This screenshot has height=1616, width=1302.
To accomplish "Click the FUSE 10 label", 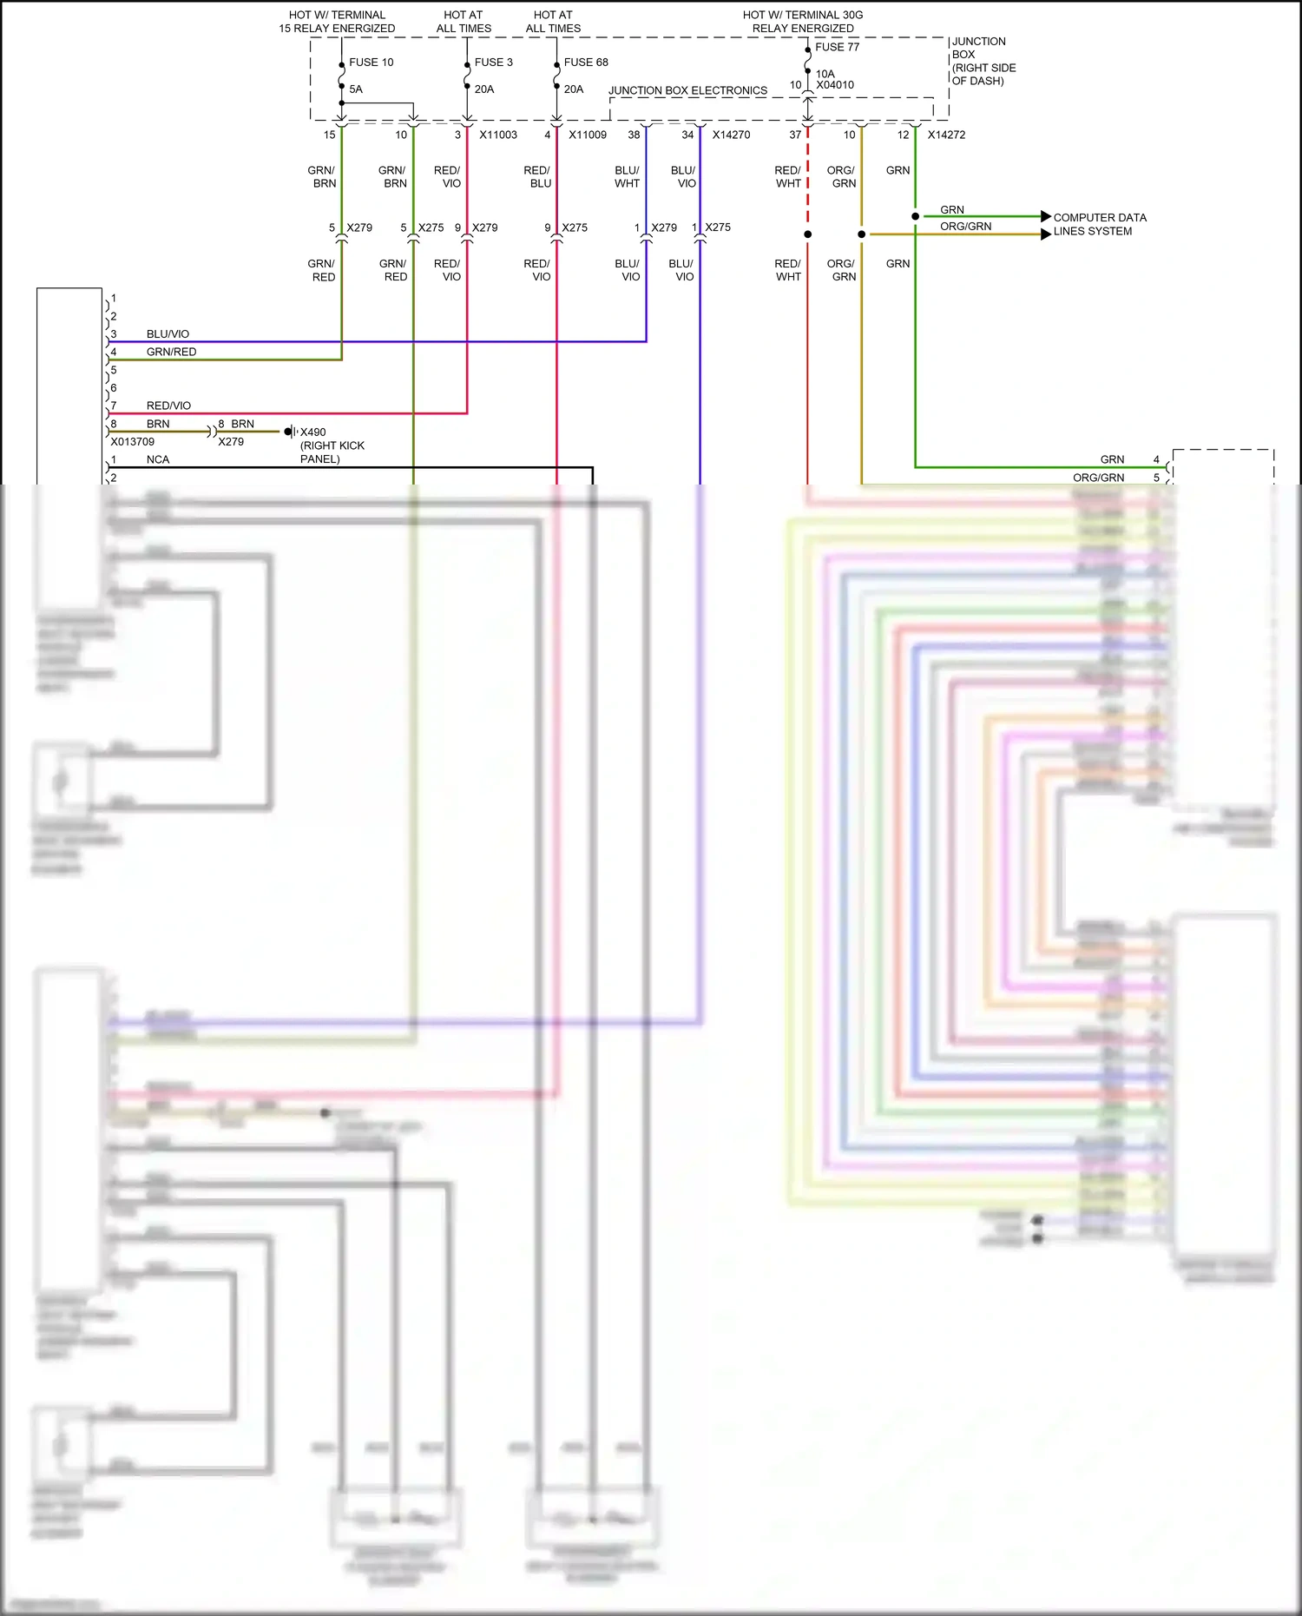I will pyautogui.click(x=371, y=63).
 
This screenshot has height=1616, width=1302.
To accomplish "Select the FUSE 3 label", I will pyautogui.click(x=493, y=63).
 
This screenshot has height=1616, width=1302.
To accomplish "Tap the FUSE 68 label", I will pyautogui.click(x=586, y=63).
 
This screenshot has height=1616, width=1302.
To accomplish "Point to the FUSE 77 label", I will pyautogui.click(x=837, y=47).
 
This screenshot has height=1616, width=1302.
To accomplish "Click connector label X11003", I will pyautogui.click(x=498, y=135).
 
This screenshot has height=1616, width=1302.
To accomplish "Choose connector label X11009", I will pyautogui.click(x=588, y=135).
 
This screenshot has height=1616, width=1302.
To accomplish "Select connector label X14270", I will pyautogui.click(x=731, y=135).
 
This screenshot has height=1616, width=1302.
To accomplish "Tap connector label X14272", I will pyautogui.click(x=946, y=135).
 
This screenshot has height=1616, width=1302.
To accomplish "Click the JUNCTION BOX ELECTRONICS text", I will pyautogui.click(x=687, y=90).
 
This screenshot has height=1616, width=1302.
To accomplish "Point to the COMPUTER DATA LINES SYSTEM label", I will pyautogui.click(x=1099, y=224).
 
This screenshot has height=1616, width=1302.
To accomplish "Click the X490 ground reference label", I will pyautogui.click(x=313, y=432).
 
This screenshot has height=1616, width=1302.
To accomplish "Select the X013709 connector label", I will pyautogui.click(x=133, y=441).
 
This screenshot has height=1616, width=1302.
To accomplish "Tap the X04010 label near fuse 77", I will pyautogui.click(x=835, y=85).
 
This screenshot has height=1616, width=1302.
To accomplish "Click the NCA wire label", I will pyautogui.click(x=158, y=459).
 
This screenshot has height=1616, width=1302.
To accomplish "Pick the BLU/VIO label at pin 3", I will pyautogui.click(x=168, y=333).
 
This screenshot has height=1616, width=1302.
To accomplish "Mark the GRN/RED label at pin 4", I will pyautogui.click(x=171, y=352).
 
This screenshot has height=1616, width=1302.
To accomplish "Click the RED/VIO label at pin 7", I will pyautogui.click(x=168, y=406).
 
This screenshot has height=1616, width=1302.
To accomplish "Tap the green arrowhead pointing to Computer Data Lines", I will pyautogui.click(x=1045, y=216).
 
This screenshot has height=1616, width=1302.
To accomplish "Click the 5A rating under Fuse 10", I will pyautogui.click(x=356, y=89).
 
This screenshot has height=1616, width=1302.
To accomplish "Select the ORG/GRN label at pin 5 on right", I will pyautogui.click(x=1098, y=478).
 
